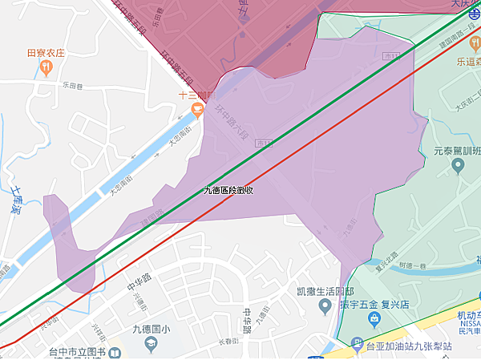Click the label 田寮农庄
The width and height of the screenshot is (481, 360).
point(45,53)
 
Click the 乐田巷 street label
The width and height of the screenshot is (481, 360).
point(72,83)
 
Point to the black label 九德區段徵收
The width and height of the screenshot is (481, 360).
point(228,190)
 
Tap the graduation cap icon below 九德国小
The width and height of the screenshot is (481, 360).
point(150,343)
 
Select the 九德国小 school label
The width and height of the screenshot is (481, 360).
point(150,327)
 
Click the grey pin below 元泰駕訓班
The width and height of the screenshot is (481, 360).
point(458,166)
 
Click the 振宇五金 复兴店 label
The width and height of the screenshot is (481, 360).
point(375,305)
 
